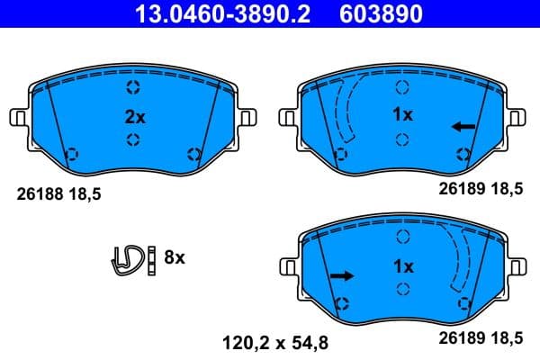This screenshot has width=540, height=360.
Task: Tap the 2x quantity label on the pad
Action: [133, 116]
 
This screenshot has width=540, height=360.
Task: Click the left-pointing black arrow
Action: [463, 127]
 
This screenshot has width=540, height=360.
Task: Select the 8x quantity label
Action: [174, 258]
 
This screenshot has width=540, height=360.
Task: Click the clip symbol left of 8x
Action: [127, 258]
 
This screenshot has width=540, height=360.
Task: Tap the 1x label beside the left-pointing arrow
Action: [402, 116]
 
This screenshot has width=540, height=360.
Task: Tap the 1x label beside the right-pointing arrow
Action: [402, 266]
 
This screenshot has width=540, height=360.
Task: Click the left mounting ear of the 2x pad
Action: [17, 118]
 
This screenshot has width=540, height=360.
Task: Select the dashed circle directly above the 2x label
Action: [133, 88]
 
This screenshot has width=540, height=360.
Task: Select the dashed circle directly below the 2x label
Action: [133, 139]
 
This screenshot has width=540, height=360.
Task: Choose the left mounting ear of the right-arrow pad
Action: [288, 267]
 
